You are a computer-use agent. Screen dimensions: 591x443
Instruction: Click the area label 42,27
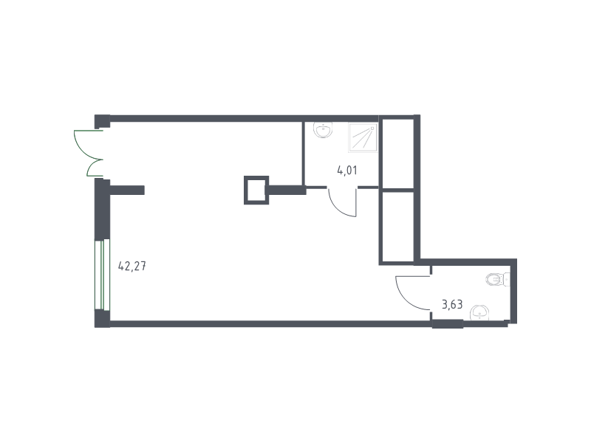[x=132, y=267]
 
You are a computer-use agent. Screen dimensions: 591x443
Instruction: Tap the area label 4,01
[x=347, y=171]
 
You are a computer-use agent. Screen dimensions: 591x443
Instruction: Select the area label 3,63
[x=452, y=304]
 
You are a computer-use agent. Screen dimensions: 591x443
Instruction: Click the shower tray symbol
[x=363, y=137]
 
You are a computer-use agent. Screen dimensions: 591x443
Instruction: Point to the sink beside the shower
[x=323, y=130]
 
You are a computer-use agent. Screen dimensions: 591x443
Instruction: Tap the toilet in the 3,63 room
[x=497, y=280]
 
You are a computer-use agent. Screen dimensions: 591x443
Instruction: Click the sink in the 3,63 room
[x=479, y=312]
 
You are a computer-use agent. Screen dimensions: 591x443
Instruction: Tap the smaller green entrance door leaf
[x=92, y=168]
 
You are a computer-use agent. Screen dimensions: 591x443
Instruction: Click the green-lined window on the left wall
[x=102, y=275]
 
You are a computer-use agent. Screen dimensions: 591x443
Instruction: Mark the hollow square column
[x=256, y=190]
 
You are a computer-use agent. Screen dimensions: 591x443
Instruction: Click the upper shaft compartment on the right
[x=398, y=154]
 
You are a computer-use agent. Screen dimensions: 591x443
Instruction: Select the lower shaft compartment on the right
[x=398, y=226]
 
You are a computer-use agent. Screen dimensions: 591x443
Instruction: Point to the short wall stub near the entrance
[x=126, y=190]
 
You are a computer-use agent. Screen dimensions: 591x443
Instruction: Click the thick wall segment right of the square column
[x=286, y=190]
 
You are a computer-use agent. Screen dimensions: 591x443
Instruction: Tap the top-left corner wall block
[x=102, y=121]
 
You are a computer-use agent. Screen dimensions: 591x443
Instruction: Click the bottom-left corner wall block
[x=102, y=318]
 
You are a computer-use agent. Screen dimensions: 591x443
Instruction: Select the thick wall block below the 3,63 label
[x=448, y=323]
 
